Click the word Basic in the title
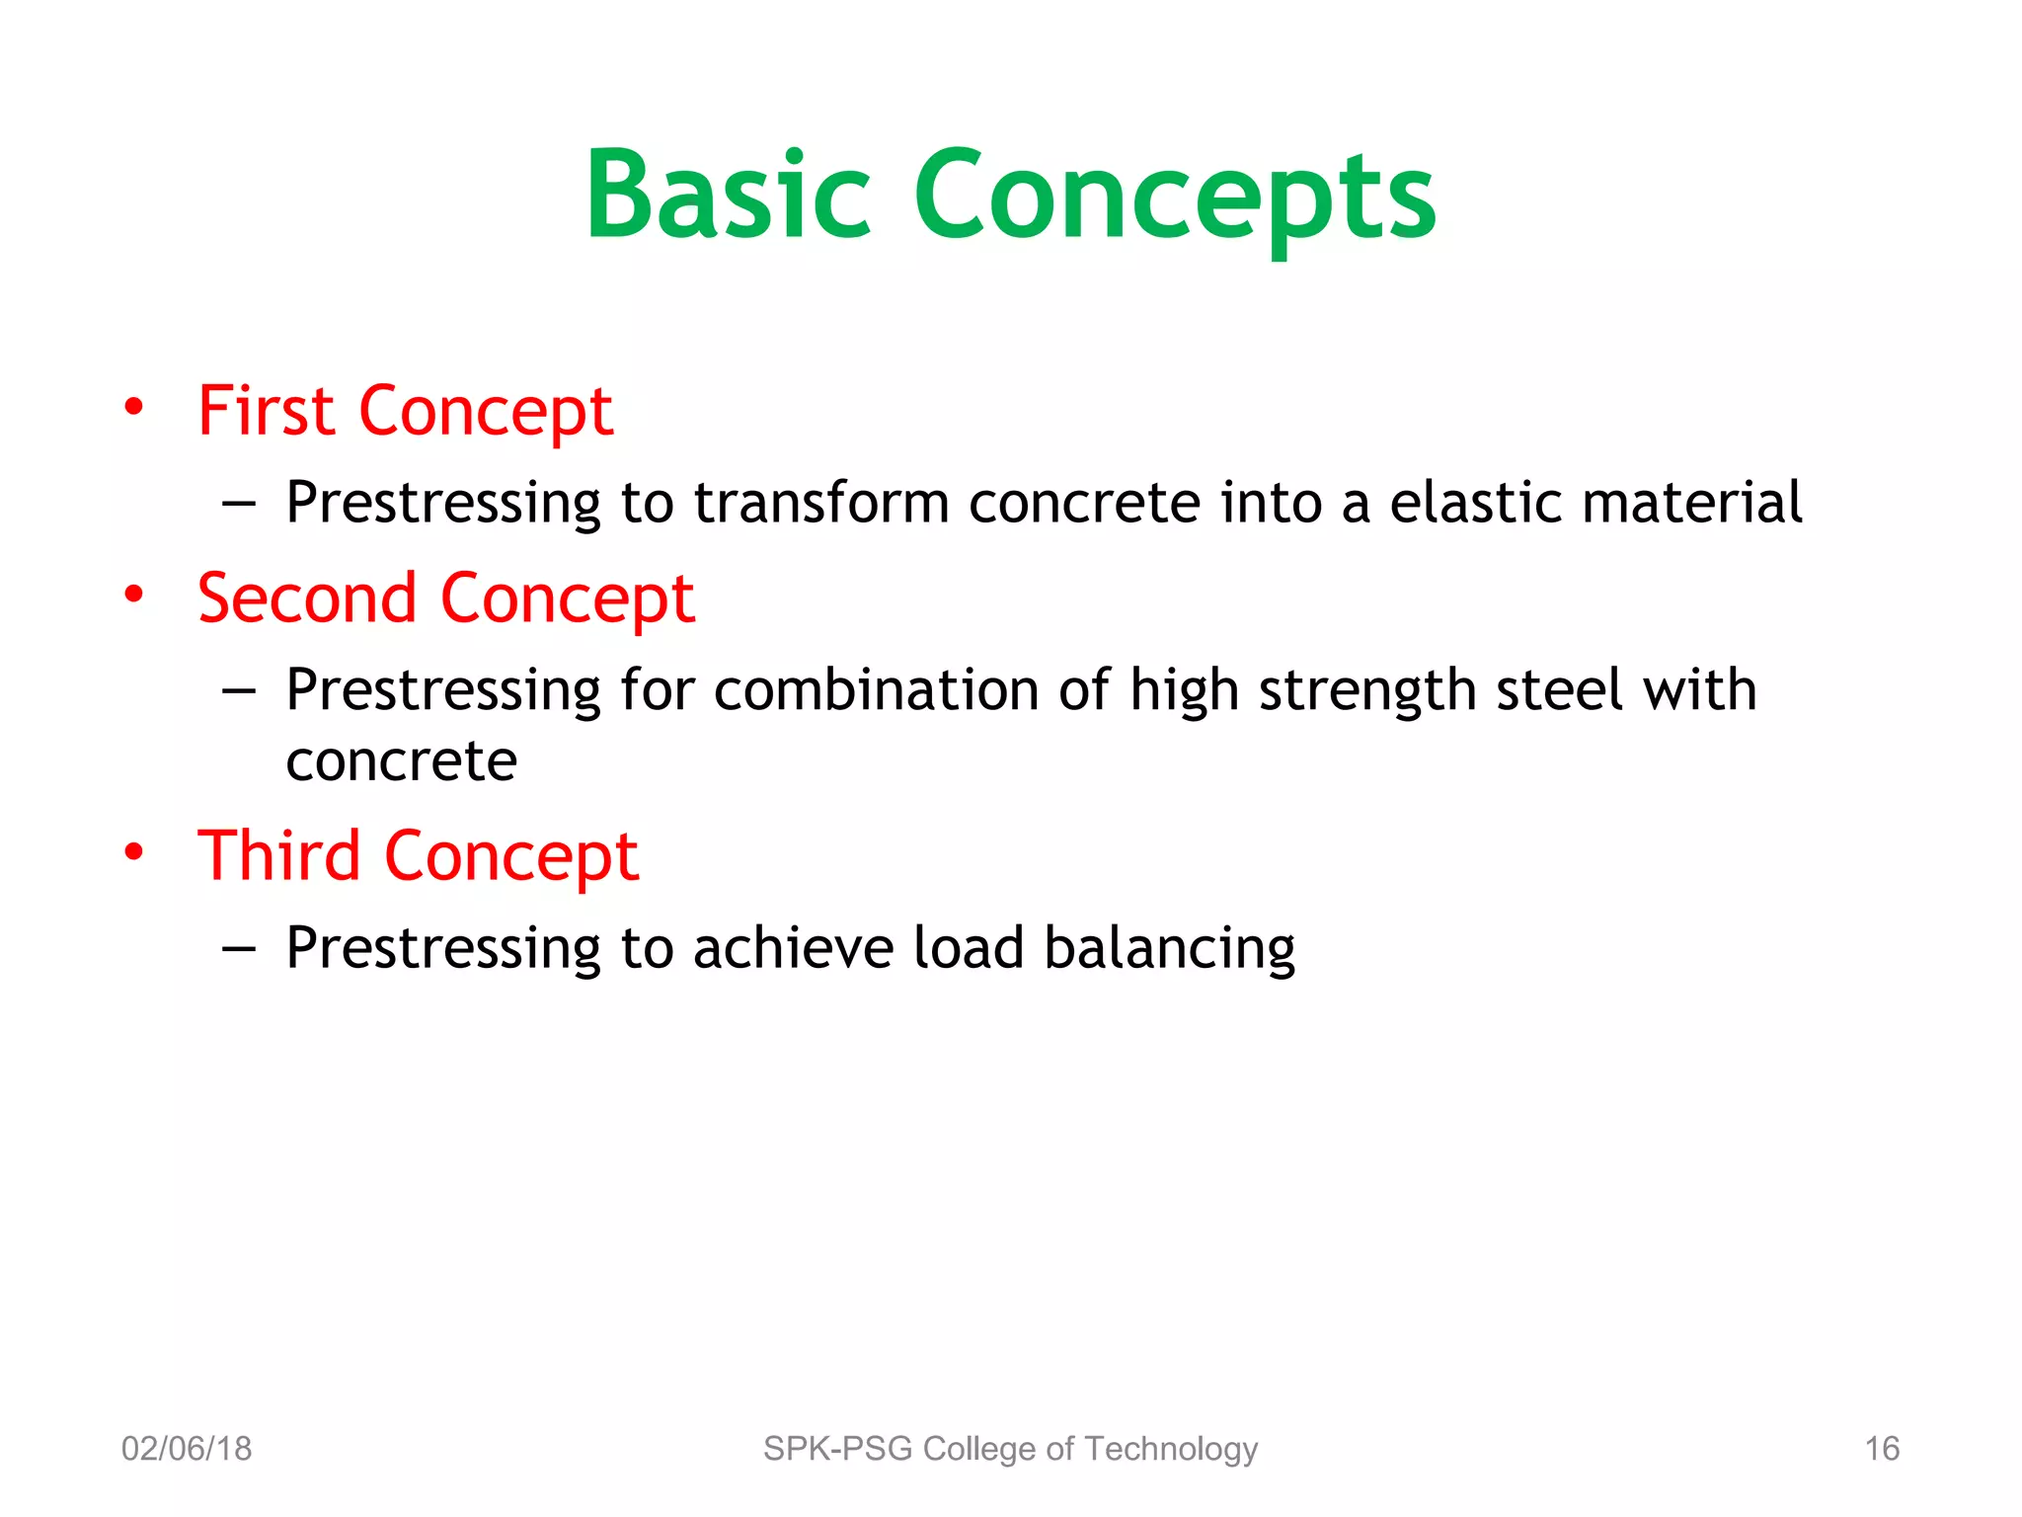tap(728, 195)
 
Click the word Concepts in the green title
tap(1175, 198)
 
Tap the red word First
tap(267, 411)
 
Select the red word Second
tap(307, 599)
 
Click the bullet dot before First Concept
tap(134, 407)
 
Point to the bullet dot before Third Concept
tap(134, 851)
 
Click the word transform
tap(821, 503)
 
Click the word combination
tap(876, 689)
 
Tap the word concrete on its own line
tap(401, 762)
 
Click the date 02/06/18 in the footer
tap(187, 1449)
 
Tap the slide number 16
tap(1881, 1449)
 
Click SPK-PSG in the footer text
tap(837, 1449)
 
